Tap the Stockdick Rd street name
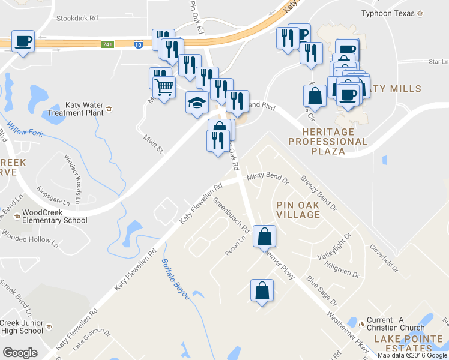[77, 19]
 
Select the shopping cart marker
[164, 88]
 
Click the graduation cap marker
[197, 103]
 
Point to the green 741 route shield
[107, 44]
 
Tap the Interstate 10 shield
[138, 45]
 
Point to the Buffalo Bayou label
[175, 279]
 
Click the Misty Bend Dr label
[268, 178]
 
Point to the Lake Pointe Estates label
[411, 344]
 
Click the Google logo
[20, 353]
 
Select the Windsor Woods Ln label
[76, 177]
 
